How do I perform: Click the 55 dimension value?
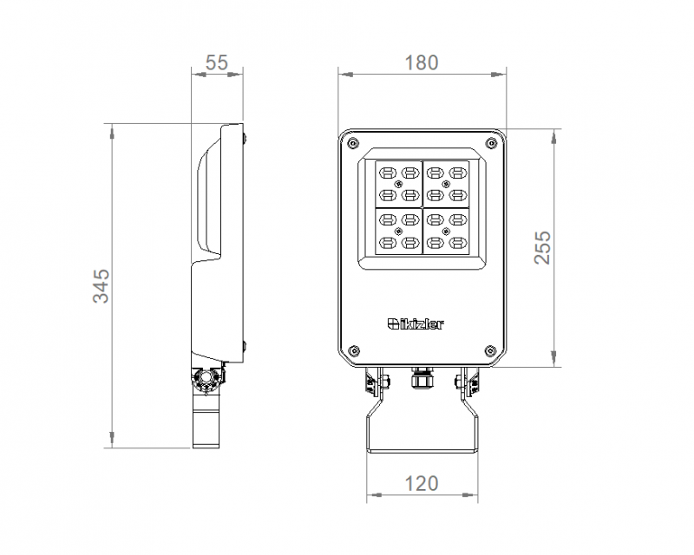(x=217, y=62)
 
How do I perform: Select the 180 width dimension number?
(x=422, y=62)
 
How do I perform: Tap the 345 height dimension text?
(x=101, y=286)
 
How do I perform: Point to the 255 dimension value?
(x=542, y=247)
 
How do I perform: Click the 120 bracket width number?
(x=422, y=483)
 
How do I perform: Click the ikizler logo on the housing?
(x=416, y=324)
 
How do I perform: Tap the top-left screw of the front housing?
(x=353, y=143)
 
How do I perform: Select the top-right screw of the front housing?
(x=491, y=143)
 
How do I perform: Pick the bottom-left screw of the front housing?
(x=353, y=350)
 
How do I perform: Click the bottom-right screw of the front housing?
(x=491, y=350)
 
